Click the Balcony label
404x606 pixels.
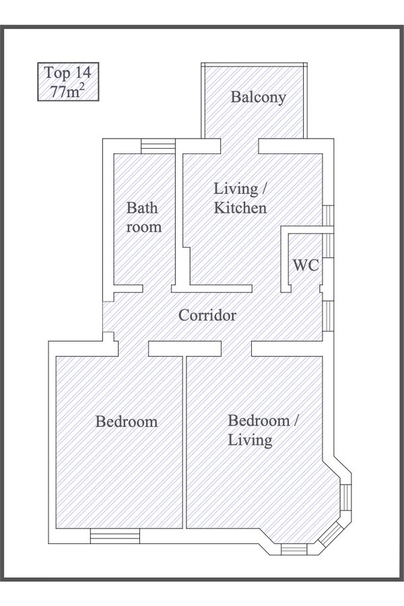click(x=259, y=97)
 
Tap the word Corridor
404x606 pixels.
click(x=207, y=315)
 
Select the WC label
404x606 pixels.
click(x=306, y=265)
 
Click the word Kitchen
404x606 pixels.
click(x=240, y=208)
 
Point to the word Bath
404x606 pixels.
click(x=142, y=208)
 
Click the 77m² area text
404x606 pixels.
click(x=67, y=92)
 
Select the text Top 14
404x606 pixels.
click(x=67, y=73)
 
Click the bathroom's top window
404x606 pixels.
click(x=158, y=147)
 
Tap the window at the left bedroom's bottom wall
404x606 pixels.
click(x=115, y=536)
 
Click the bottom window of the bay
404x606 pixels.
click(x=294, y=549)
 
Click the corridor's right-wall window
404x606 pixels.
click(x=328, y=316)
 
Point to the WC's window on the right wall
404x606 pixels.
click(x=328, y=245)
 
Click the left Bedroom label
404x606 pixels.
click(x=127, y=422)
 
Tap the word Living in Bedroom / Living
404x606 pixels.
click(x=250, y=440)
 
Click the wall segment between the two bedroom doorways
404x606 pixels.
click(x=184, y=348)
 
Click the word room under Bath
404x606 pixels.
click(x=144, y=228)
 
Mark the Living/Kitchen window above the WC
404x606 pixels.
click(x=328, y=215)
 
